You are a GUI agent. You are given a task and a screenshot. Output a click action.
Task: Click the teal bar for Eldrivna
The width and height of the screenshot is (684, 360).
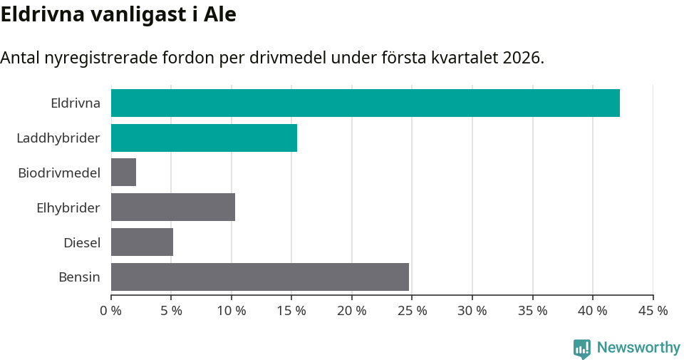365,103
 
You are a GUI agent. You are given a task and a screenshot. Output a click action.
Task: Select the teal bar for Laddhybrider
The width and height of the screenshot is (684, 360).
204,138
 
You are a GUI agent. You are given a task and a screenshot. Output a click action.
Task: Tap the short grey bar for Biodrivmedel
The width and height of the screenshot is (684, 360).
123,173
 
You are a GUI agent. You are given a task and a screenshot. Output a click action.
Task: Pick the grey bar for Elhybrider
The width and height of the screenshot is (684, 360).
173,207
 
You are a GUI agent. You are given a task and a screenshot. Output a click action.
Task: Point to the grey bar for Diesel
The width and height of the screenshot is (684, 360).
142,242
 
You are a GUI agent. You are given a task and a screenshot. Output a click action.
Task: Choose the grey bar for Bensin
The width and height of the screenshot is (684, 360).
260,277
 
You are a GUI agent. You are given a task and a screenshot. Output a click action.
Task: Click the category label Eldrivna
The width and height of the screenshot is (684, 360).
76,103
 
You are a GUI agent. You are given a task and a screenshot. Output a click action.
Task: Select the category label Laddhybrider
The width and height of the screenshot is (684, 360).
58,138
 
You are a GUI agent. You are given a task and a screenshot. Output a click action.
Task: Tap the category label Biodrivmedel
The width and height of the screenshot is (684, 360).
59,173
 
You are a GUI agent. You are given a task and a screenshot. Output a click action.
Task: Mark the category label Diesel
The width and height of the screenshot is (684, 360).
82,242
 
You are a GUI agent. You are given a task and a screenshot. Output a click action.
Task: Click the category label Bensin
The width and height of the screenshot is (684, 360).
79,277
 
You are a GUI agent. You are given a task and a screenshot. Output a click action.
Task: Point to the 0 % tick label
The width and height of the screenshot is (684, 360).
111,311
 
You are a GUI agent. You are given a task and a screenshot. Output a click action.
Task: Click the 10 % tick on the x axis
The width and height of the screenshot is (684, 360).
232,311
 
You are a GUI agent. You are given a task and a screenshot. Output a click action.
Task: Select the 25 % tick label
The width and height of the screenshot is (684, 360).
413,311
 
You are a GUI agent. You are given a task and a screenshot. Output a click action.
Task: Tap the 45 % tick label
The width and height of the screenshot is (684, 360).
653,311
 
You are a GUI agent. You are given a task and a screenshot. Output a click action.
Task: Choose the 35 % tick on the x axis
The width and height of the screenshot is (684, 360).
533,311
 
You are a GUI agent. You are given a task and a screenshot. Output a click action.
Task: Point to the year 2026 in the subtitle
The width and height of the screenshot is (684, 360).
520,58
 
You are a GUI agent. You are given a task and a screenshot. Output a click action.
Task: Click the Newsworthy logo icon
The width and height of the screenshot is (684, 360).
582,348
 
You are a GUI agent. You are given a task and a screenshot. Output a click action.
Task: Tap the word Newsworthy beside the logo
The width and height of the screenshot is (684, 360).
638,348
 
